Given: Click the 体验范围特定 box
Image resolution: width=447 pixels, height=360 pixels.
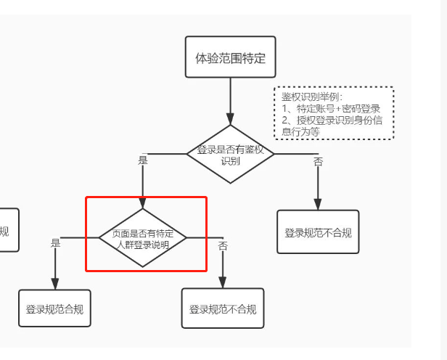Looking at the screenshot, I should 230,57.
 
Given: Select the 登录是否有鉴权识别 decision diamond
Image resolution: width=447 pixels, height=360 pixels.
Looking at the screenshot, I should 230,153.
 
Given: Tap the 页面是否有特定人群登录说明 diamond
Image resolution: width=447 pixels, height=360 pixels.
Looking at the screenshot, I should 143,238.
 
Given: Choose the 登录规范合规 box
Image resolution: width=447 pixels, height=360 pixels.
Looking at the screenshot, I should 55,309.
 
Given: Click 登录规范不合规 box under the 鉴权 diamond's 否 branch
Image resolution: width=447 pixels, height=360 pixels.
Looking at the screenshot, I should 318,232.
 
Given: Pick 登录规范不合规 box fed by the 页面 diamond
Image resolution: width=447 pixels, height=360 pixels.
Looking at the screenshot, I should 223,309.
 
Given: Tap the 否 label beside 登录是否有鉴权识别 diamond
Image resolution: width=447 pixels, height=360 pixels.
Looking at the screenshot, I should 318,162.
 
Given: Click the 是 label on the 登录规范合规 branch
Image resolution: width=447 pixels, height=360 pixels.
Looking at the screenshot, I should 56,244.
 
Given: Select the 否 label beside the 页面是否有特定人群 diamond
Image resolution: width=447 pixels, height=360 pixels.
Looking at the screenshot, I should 223,246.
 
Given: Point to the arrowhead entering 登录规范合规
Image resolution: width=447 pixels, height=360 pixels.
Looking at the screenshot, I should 55,285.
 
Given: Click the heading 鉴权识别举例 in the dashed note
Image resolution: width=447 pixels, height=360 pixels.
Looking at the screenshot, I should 312,97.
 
